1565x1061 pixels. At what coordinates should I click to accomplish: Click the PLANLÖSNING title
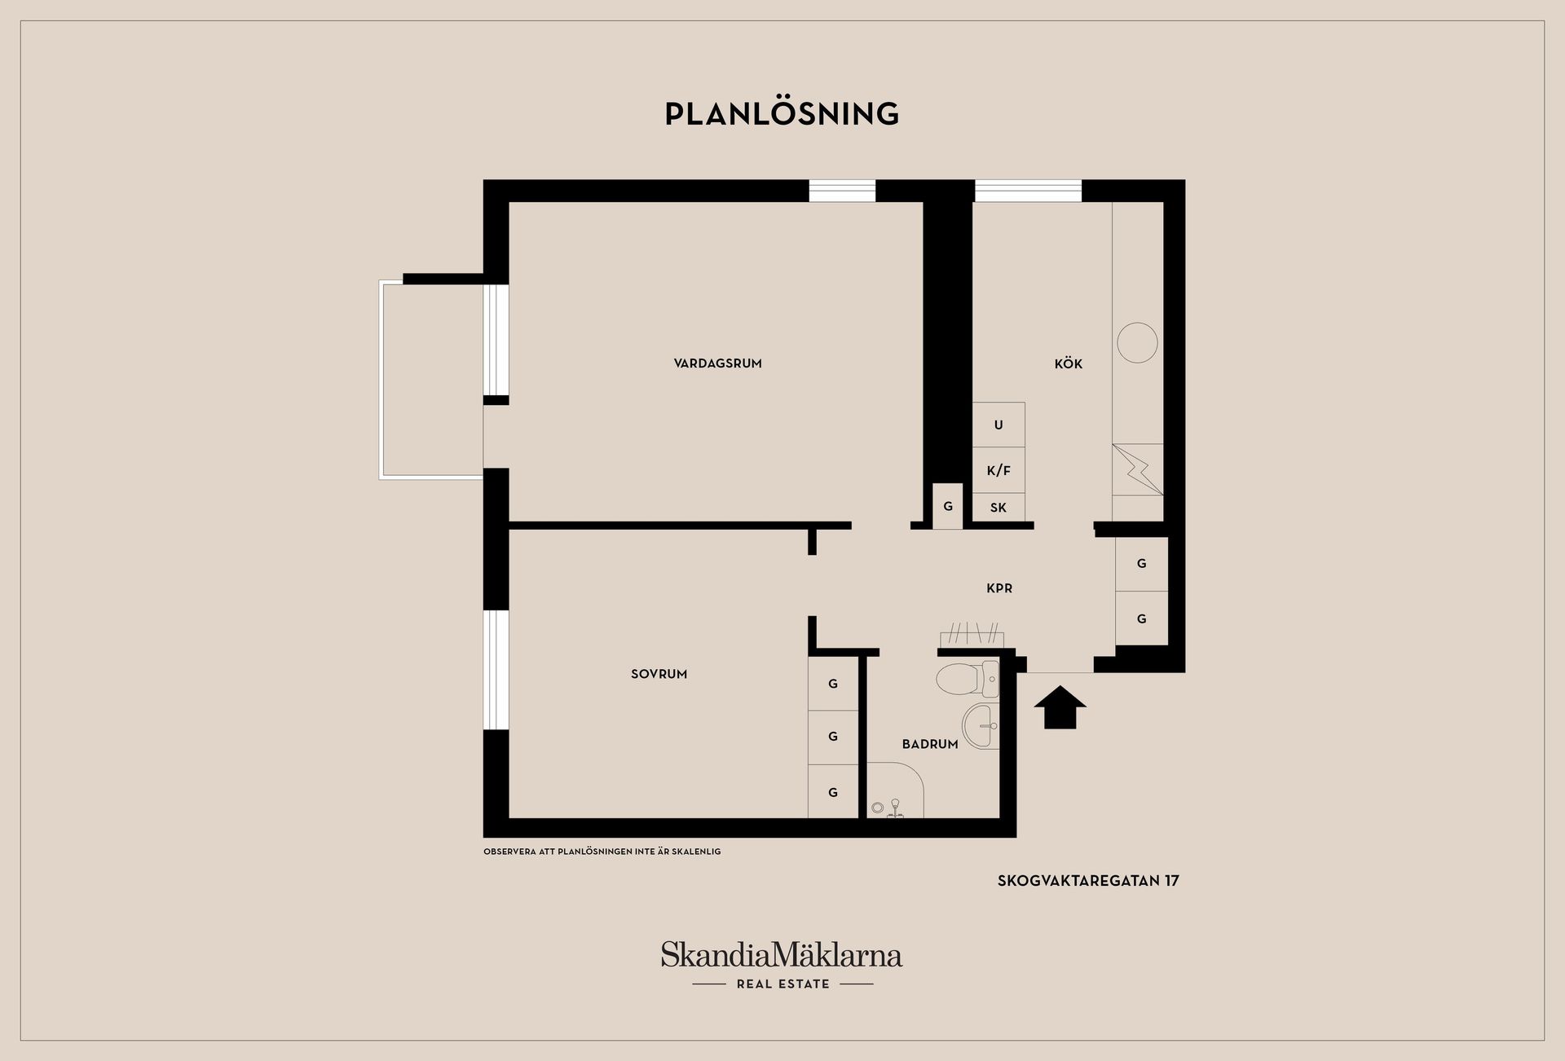pyautogui.click(x=782, y=114)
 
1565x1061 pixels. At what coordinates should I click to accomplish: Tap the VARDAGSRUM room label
pyautogui.click(x=717, y=363)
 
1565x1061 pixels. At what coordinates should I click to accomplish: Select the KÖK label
pyautogui.click(x=1068, y=364)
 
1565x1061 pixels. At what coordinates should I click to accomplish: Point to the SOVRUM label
pyautogui.click(x=659, y=674)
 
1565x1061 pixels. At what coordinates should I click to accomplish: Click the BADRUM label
pyautogui.click(x=929, y=744)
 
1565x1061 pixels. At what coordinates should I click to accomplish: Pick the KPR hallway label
pyautogui.click(x=999, y=588)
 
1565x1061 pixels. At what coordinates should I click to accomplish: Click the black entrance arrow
pyautogui.click(x=1060, y=707)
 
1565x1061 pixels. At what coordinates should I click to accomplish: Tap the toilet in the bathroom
pyautogui.click(x=967, y=678)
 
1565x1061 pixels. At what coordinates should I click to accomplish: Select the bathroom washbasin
pyautogui.click(x=981, y=724)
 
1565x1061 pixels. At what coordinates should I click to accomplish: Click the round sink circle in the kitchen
pyautogui.click(x=1137, y=342)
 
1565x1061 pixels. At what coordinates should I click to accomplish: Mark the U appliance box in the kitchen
pyautogui.click(x=999, y=425)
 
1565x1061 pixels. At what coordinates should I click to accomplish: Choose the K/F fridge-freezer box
pyautogui.click(x=999, y=470)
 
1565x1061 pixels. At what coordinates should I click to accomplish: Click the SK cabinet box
pyautogui.click(x=999, y=508)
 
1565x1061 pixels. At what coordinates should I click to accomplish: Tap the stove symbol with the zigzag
pyautogui.click(x=1138, y=469)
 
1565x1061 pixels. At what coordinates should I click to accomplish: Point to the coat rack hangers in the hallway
pyautogui.click(x=972, y=634)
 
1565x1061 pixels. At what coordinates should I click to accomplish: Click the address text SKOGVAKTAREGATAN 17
pyautogui.click(x=1088, y=880)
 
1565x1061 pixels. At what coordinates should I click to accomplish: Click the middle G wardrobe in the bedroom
pyautogui.click(x=833, y=737)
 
